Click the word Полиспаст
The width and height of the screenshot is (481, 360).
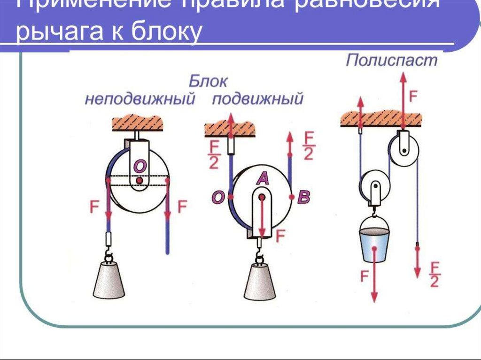pyautogui.click(x=391, y=61)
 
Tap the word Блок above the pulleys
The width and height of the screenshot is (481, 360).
pyautogui.click(x=209, y=81)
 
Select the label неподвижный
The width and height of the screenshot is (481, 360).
pyautogui.click(x=140, y=100)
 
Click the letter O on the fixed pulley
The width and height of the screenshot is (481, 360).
pyautogui.click(x=140, y=166)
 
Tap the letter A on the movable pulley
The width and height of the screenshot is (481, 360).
pyautogui.click(x=262, y=178)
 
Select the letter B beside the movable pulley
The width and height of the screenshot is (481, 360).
pyautogui.click(x=303, y=198)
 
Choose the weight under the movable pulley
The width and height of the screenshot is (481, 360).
pyautogui.click(x=260, y=281)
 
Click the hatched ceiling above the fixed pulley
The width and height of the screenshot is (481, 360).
pyautogui.click(x=138, y=123)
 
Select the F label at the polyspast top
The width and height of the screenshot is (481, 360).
pyautogui.click(x=413, y=97)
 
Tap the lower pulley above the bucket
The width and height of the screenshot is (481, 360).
pyautogui.click(x=374, y=184)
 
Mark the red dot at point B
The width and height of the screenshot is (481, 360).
pyautogui.click(x=292, y=197)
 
